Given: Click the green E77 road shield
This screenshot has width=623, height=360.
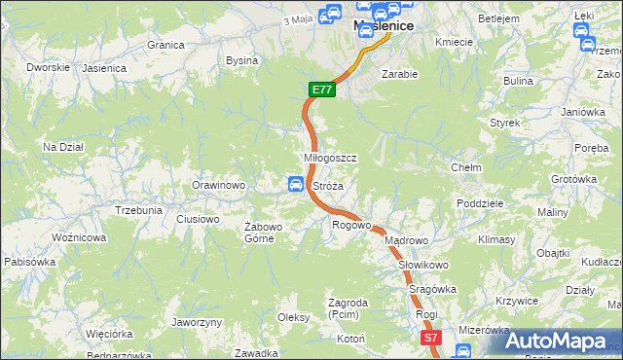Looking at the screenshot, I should click(x=323, y=90).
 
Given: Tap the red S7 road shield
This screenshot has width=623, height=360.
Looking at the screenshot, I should click(x=432, y=337).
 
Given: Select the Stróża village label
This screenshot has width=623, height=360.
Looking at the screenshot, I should click(x=328, y=185).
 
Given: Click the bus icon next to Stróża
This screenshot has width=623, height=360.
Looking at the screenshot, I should click(x=295, y=184).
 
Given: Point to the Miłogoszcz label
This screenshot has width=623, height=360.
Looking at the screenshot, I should click(x=331, y=158).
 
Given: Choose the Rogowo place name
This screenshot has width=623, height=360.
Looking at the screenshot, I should click(x=351, y=225).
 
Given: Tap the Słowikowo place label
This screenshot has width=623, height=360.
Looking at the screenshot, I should click(x=422, y=265).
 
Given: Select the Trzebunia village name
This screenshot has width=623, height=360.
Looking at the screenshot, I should click(x=138, y=210).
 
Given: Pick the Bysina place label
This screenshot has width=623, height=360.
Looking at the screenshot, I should click(x=241, y=60).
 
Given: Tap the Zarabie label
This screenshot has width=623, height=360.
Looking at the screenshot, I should click(x=399, y=74).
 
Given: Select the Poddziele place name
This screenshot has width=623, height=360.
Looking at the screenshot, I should click(x=479, y=203).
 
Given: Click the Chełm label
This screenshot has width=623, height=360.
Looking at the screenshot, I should click(x=466, y=167).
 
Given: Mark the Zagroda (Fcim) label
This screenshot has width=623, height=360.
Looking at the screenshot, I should click(x=348, y=308).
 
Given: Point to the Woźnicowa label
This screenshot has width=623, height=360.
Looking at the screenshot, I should click(x=79, y=237).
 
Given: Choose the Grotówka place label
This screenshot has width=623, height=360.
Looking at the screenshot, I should click(x=572, y=179).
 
